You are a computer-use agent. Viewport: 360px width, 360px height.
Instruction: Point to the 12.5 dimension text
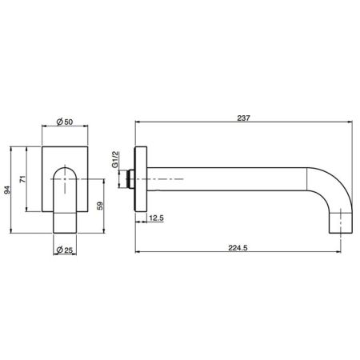point(157,216)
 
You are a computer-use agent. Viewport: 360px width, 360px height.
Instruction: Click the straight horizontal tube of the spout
point(232,177)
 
